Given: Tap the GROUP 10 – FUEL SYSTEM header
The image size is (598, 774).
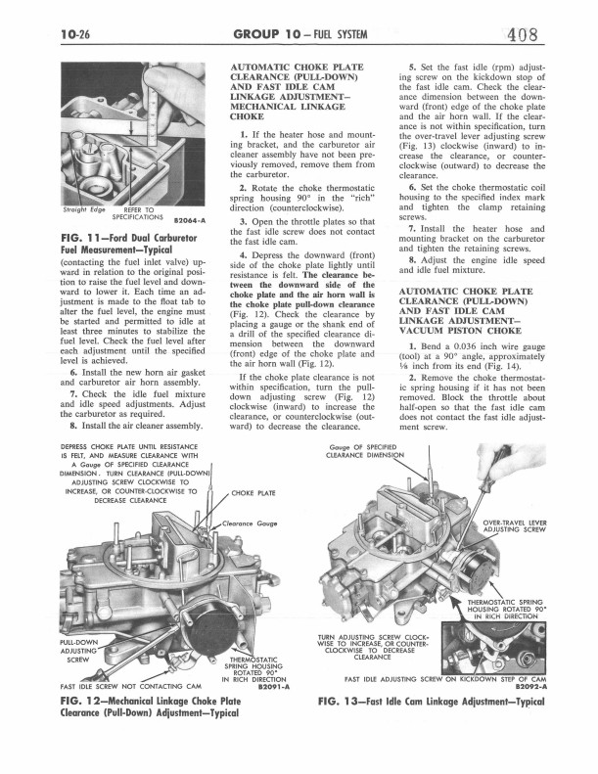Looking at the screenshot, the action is (300, 34).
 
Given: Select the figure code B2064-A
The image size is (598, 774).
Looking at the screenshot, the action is (190, 220).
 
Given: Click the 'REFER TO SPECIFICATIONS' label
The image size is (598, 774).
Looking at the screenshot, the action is (138, 213).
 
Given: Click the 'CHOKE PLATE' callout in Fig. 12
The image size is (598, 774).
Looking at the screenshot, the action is (253, 493).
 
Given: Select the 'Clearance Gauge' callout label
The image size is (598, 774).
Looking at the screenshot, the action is (250, 524).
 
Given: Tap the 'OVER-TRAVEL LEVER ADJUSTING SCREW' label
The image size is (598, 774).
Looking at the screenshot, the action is (515, 525).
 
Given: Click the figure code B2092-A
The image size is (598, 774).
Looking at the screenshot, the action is (530, 686).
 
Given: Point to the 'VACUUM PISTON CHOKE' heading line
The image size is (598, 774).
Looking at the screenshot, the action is (460, 331).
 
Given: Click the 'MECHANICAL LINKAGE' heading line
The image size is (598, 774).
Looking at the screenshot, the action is (287, 107).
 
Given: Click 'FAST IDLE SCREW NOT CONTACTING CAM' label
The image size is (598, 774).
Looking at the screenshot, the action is (130, 686).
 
